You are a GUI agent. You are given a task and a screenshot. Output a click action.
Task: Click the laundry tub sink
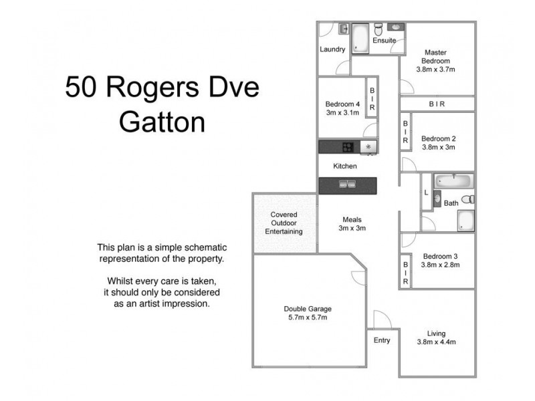point(343,29)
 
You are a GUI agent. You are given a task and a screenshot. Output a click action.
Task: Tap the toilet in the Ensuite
point(378,29)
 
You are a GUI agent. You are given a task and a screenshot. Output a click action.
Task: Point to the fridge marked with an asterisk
point(368,147)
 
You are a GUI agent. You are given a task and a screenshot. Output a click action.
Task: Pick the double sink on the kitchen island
point(347,185)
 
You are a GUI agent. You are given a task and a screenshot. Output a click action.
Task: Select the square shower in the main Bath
point(465,221)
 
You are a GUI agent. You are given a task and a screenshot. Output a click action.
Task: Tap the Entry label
point(382,341)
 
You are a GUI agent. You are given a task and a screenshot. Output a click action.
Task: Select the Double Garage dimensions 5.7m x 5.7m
point(308,317)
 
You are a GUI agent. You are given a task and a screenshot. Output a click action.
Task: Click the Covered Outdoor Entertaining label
point(284,223)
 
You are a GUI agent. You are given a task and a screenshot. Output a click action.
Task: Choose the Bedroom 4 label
point(342,104)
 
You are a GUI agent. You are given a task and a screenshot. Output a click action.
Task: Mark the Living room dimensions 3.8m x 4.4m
point(436,343)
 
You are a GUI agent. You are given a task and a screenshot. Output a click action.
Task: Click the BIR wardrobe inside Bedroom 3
point(405,273)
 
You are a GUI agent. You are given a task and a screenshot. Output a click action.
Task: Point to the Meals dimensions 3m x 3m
point(352,228)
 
